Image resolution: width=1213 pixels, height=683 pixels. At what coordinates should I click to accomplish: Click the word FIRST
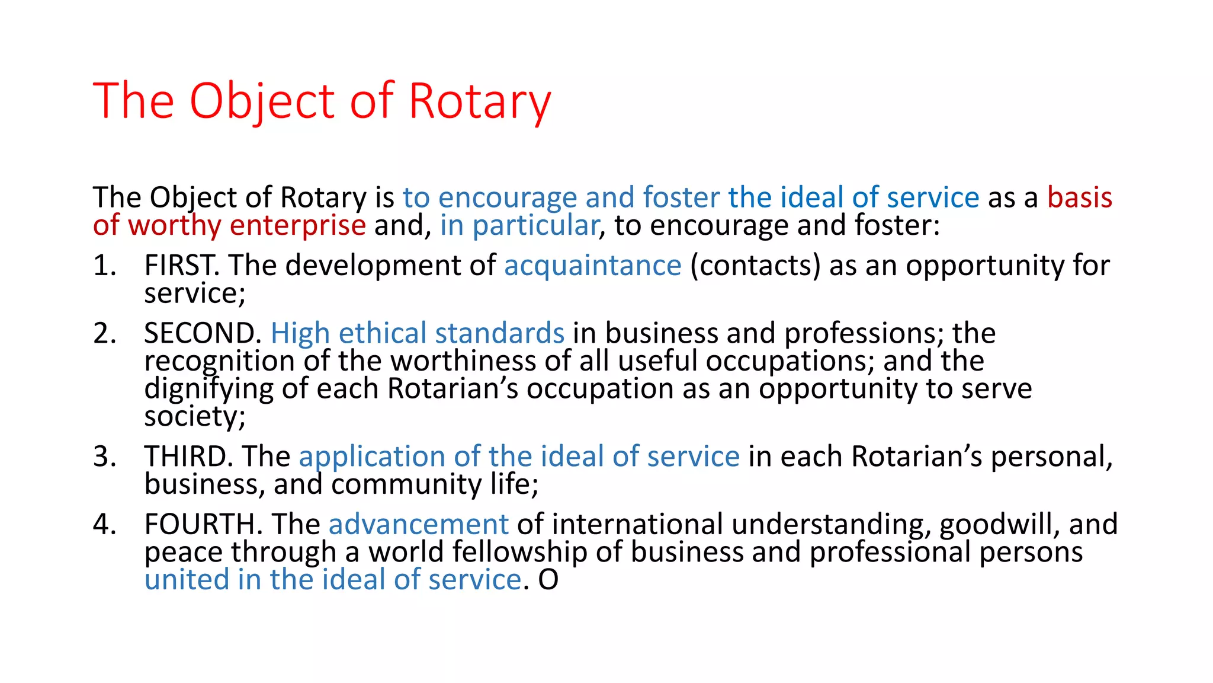(x=181, y=265)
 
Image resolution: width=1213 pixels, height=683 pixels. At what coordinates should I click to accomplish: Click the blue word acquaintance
(x=592, y=266)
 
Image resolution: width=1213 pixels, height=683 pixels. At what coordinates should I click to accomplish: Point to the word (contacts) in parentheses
(x=755, y=266)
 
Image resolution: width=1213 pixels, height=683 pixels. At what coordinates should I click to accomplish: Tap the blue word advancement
(x=418, y=525)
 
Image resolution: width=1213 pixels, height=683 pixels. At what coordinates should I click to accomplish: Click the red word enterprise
(x=297, y=226)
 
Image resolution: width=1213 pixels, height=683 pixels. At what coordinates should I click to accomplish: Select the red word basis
(x=1079, y=197)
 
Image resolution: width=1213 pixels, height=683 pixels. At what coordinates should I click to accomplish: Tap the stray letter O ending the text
(x=548, y=580)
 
